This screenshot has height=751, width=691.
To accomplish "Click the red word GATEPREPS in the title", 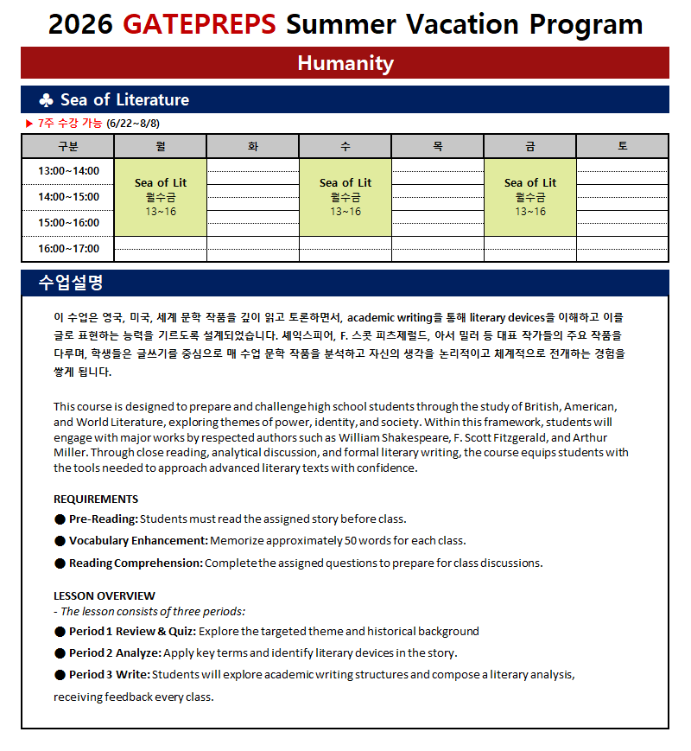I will tap(200, 23).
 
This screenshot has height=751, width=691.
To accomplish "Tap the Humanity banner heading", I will tap(345, 63).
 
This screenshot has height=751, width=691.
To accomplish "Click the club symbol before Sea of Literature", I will tap(46, 99).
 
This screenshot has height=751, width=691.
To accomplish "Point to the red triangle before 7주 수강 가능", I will tap(29, 124).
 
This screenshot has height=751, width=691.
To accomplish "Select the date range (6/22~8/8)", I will tap(134, 124).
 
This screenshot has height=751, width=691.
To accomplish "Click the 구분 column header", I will tap(67, 146).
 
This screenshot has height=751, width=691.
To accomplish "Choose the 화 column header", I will tap(253, 146).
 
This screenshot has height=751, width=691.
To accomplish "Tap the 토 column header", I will tap(622, 146).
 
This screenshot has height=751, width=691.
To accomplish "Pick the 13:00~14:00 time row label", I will tap(68, 171).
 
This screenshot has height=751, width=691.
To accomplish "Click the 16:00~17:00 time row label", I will tap(68, 249).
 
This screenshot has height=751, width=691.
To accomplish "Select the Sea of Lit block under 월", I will tap(161, 197).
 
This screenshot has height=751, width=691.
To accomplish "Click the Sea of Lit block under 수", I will tap(345, 197).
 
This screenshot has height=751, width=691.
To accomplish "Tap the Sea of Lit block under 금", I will tap(530, 197).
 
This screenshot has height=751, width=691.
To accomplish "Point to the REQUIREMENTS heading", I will tap(96, 499).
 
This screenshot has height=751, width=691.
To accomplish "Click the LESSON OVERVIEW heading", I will tap(105, 595).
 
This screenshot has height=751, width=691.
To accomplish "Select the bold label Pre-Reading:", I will tap(104, 519).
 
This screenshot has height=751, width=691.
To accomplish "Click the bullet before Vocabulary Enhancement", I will tap(60, 541).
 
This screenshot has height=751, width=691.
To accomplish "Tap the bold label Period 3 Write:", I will tap(110, 674).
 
